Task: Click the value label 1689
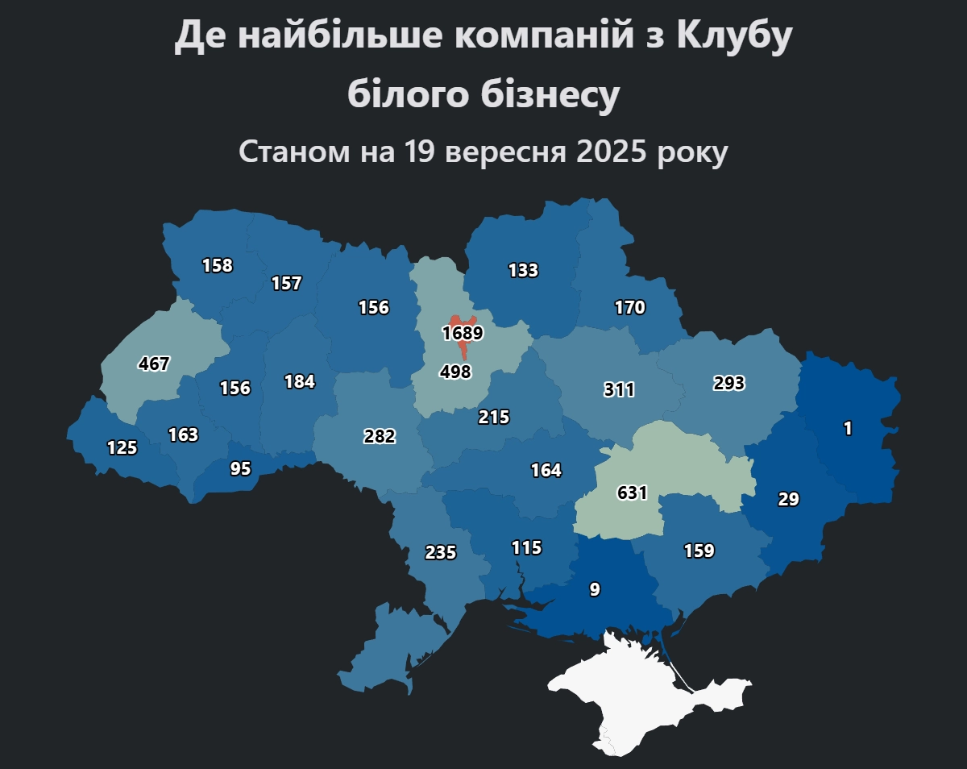(462, 333)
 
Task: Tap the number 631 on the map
(632, 493)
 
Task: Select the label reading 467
(154, 364)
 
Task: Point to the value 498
(455, 372)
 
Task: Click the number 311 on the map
(619, 390)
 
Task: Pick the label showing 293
(728, 383)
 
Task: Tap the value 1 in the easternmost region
(847, 429)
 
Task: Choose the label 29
(788, 499)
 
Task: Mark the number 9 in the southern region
(595, 589)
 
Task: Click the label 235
(441, 552)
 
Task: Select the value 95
(240, 468)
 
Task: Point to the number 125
(122, 447)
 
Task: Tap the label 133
(523, 270)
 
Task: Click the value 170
(629, 307)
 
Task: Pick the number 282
(380, 436)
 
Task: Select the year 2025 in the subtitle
(612, 152)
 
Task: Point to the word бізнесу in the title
(550, 94)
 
